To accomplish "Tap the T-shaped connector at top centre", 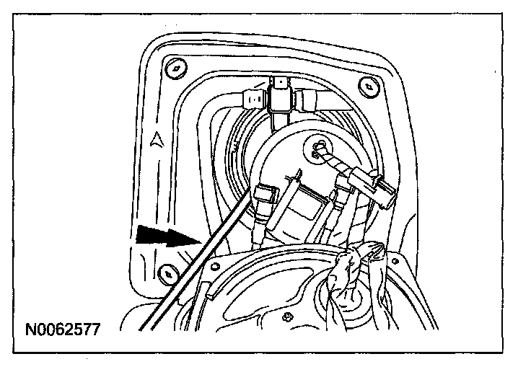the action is (x=281, y=97).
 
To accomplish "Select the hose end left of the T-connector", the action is (x=254, y=97).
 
